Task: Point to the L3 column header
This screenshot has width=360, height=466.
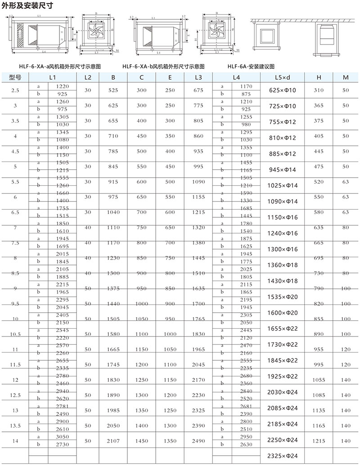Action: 198,77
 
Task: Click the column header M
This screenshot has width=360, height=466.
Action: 345,77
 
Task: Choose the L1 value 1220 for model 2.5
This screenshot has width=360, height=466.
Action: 63,86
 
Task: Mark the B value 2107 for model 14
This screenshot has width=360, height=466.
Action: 113,441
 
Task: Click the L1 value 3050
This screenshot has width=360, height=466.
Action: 63,437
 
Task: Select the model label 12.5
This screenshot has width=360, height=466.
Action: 15,394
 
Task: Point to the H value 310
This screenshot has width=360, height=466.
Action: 319,90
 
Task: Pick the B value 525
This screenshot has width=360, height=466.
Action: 113,90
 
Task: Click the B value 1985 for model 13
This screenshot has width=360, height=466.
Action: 113,410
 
